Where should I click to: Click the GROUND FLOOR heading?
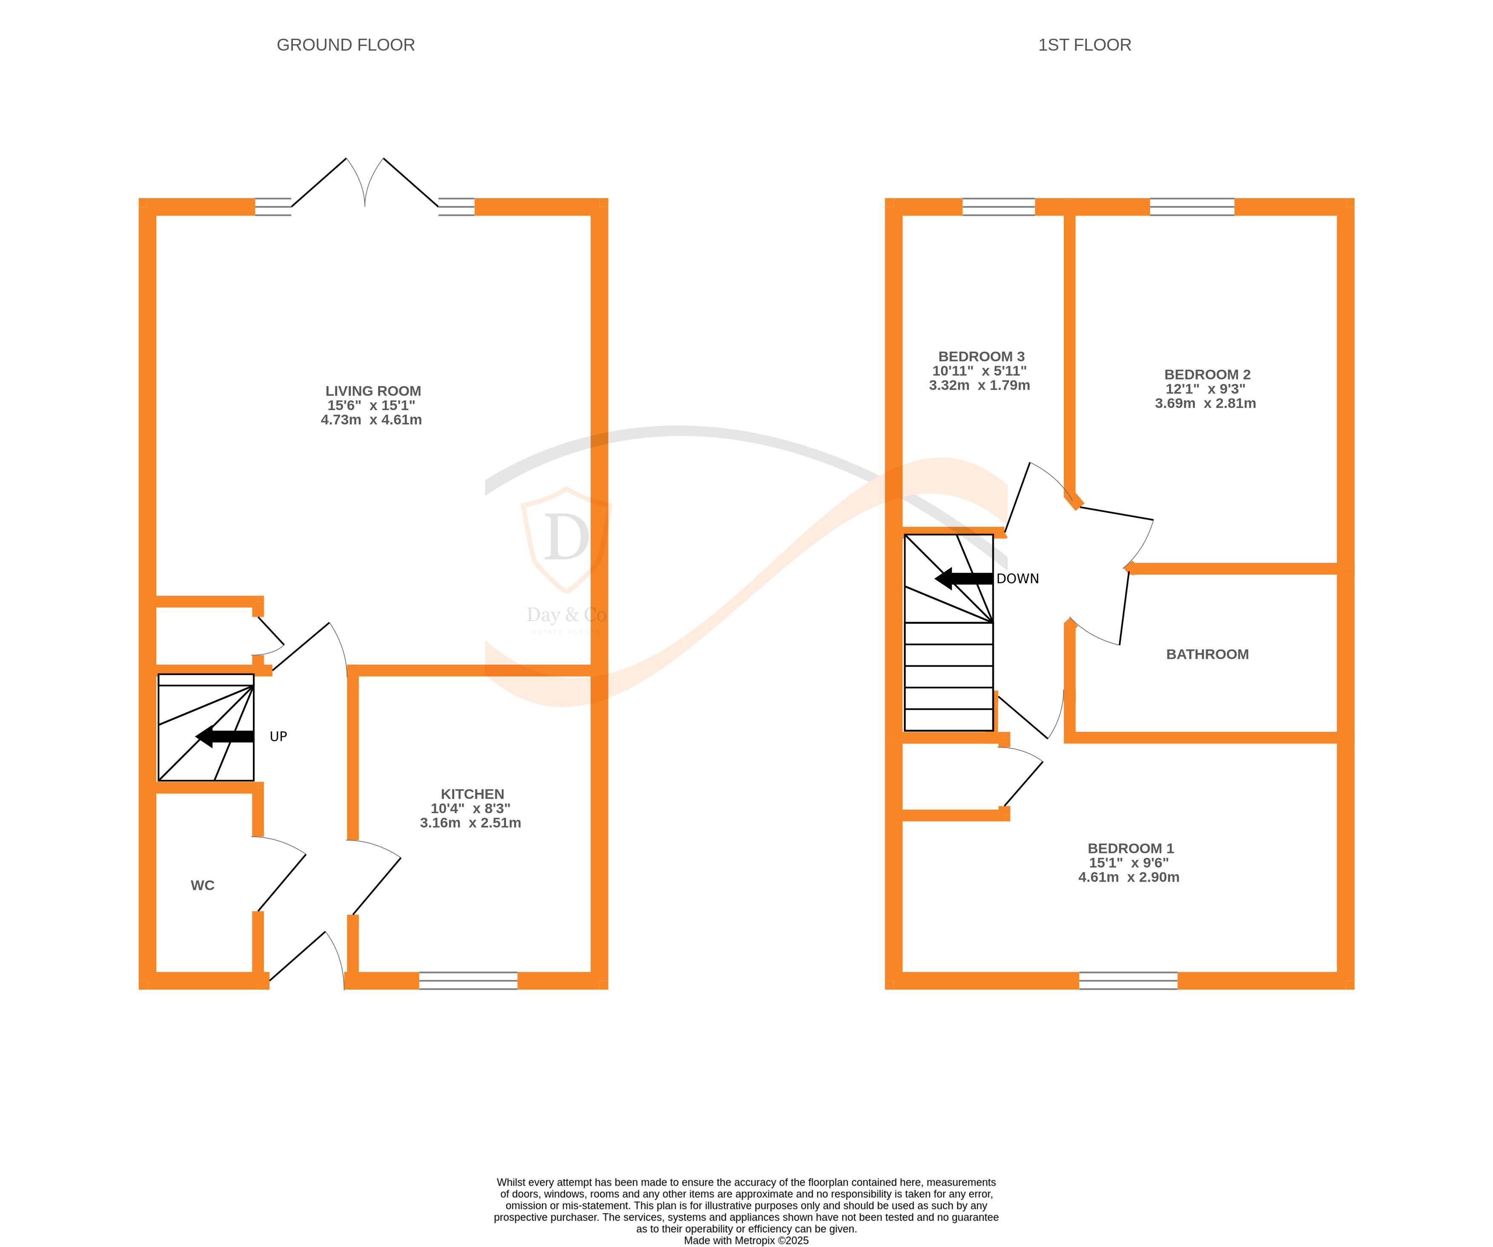click(x=346, y=45)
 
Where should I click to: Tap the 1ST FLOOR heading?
click(x=1084, y=45)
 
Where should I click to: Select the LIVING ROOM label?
click(x=373, y=391)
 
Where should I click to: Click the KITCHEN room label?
click(x=472, y=793)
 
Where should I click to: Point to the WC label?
click(x=203, y=885)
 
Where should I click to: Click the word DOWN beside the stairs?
click(x=1017, y=578)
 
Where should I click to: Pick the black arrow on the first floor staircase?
click(x=964, y=578)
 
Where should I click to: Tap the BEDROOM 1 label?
click(x=1130, y=848)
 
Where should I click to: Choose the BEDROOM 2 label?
click(x=1207, y=374)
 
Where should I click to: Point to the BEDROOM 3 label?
click(x=981, y=357)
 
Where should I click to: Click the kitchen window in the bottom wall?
click(x=469, y=981)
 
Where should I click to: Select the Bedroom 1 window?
click(x=1128, y=981)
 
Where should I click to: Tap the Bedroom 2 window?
click(x=1192, y=207)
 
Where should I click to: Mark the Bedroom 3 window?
click(x=999, y=207)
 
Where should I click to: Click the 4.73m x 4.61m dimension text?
click(x=371, y=420)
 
